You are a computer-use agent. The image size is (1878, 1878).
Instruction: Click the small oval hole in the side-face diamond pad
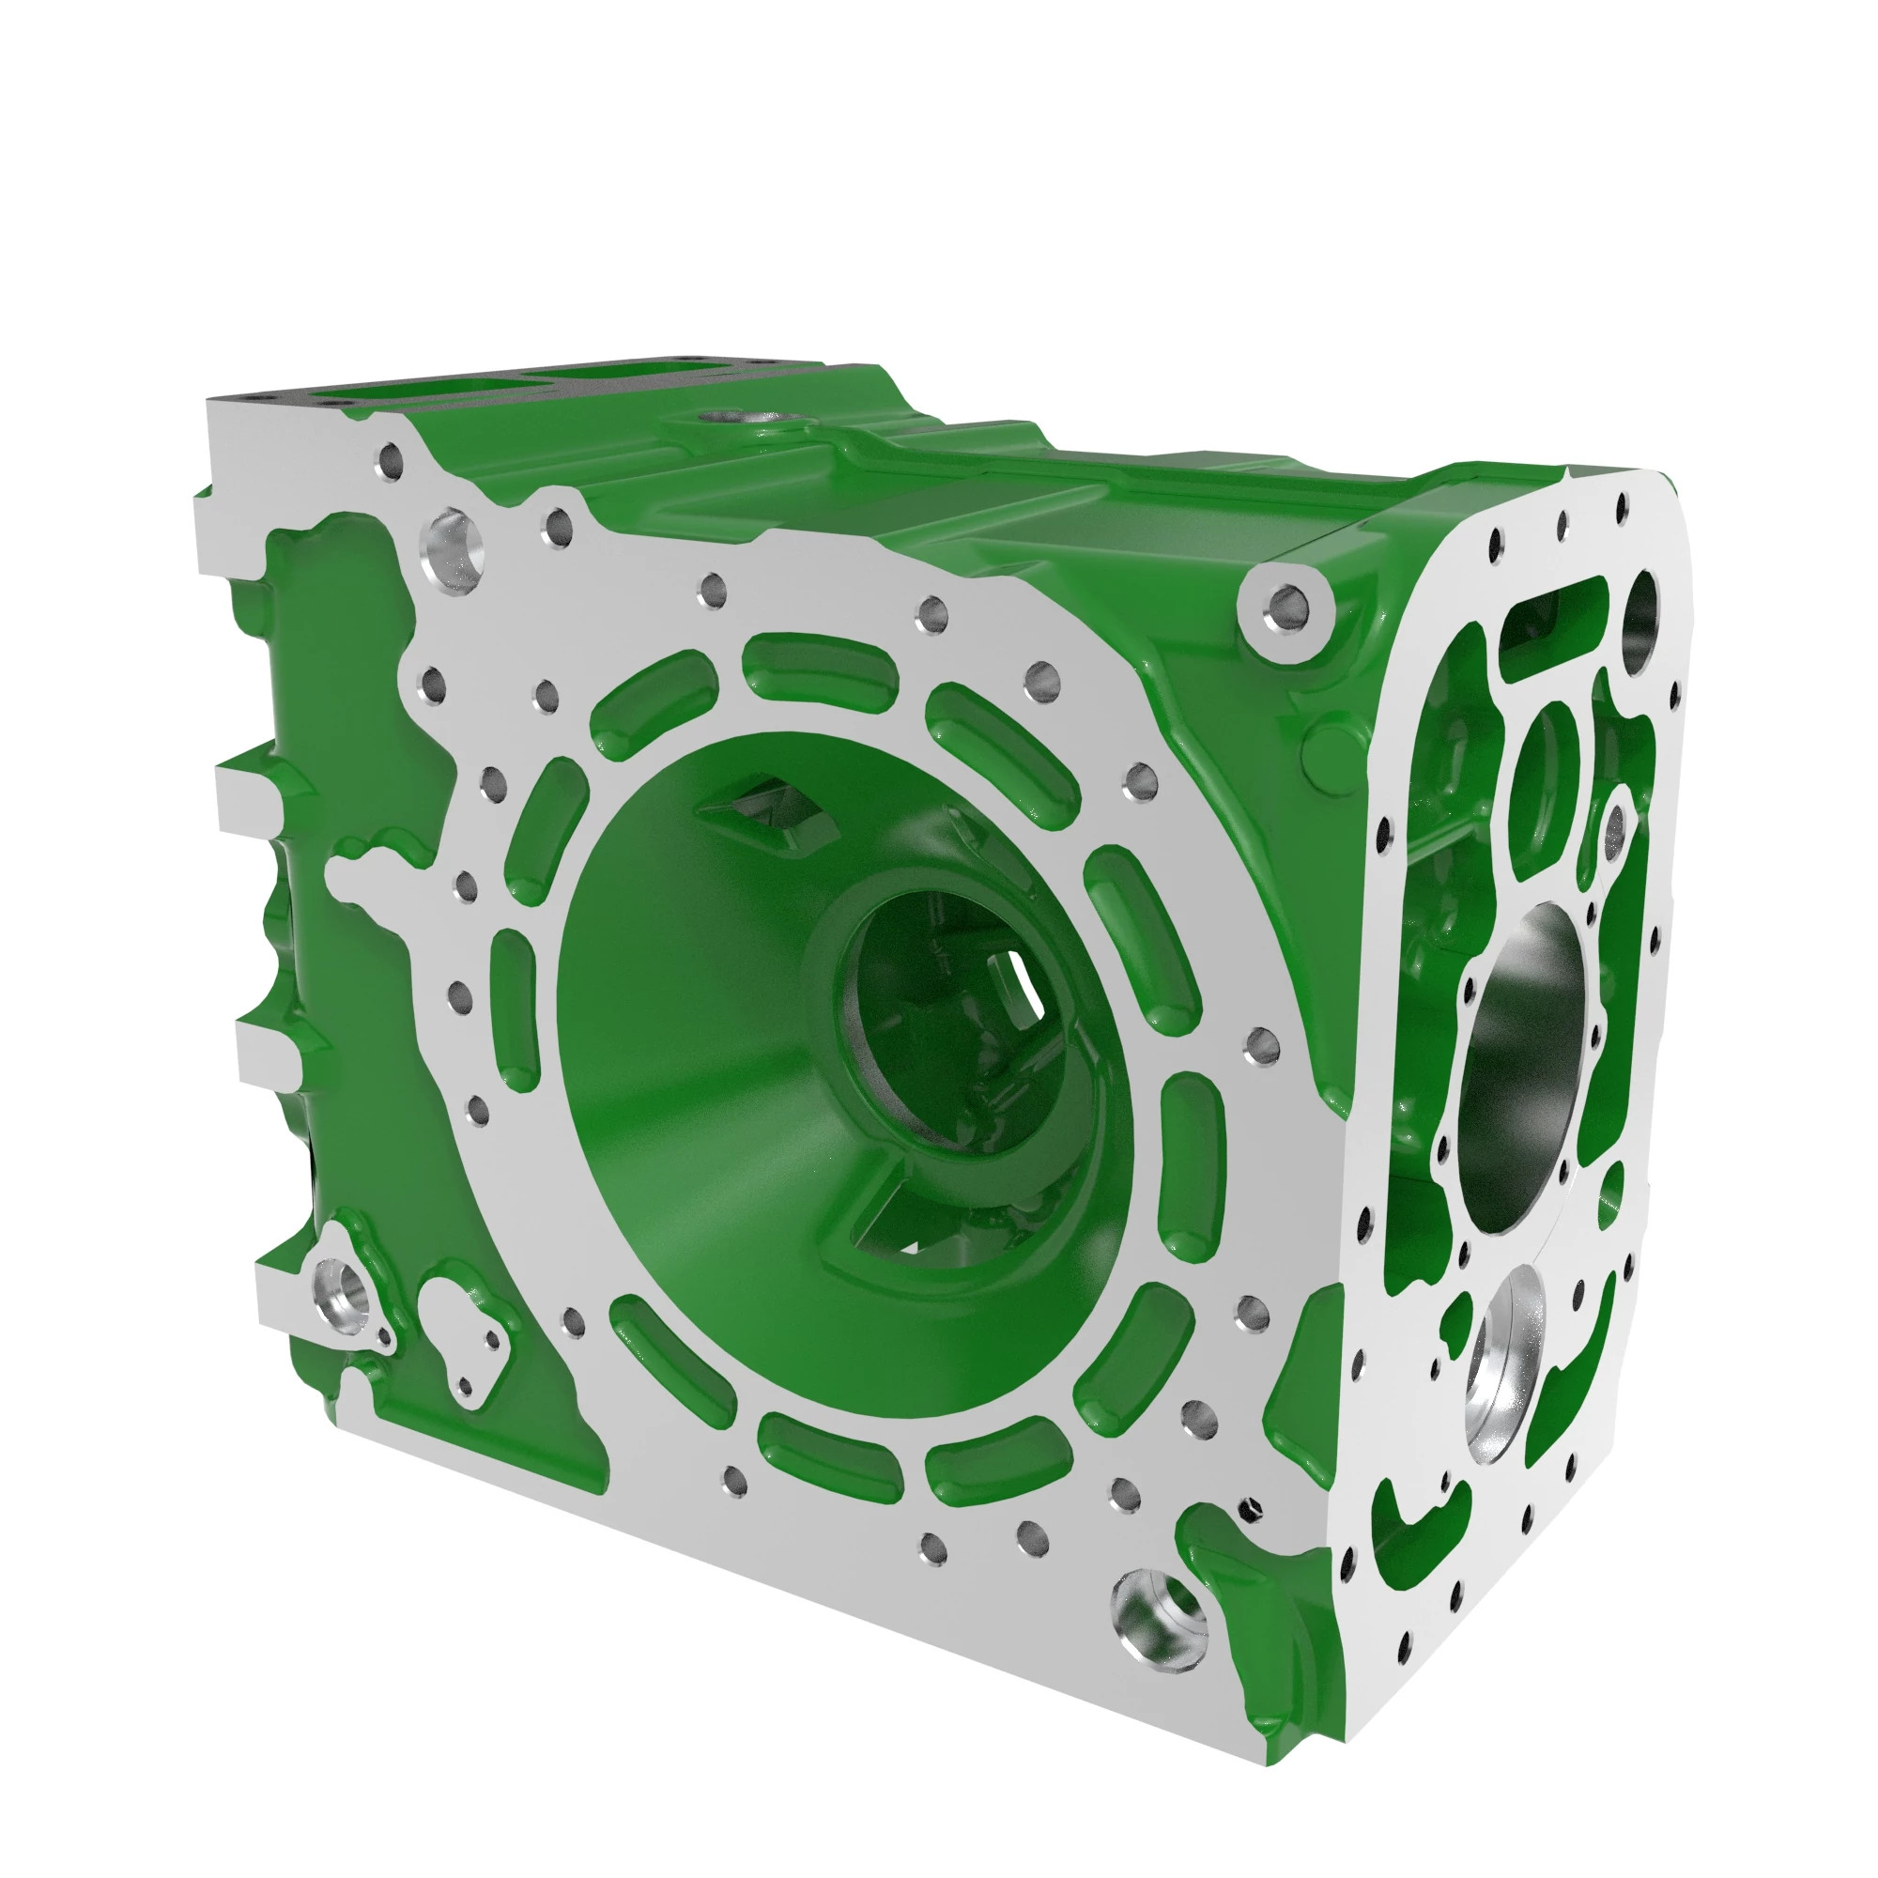1613,827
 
